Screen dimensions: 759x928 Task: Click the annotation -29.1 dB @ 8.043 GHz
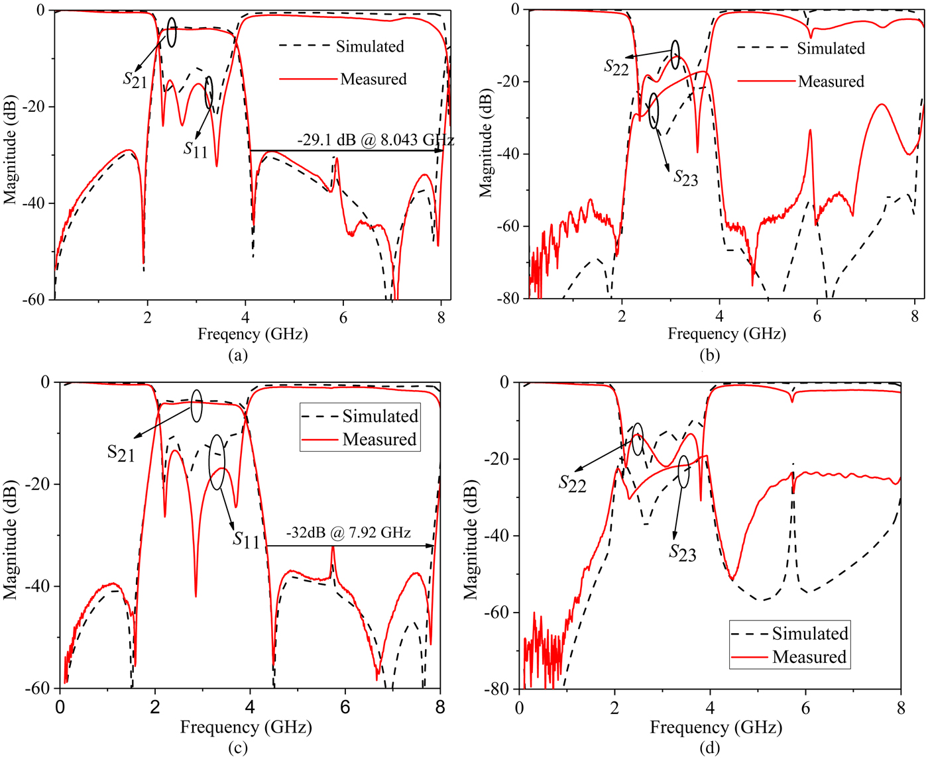375,140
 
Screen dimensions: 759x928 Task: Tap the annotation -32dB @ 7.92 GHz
348,532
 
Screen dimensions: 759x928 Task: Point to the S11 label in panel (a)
196,149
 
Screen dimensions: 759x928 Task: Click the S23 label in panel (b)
685,177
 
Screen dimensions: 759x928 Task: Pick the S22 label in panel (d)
572,483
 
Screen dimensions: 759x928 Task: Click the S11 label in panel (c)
246,540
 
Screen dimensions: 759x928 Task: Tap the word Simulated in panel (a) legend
370,46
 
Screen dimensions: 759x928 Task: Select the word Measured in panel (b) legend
831,81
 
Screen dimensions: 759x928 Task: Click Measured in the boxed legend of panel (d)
809,657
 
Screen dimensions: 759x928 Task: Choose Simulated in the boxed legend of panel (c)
380,416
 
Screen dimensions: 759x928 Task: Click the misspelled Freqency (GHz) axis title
253,334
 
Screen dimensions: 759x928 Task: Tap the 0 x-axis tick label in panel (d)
520,707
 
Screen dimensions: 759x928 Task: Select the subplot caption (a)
237,356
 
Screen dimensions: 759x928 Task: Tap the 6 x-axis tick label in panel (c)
345,707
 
